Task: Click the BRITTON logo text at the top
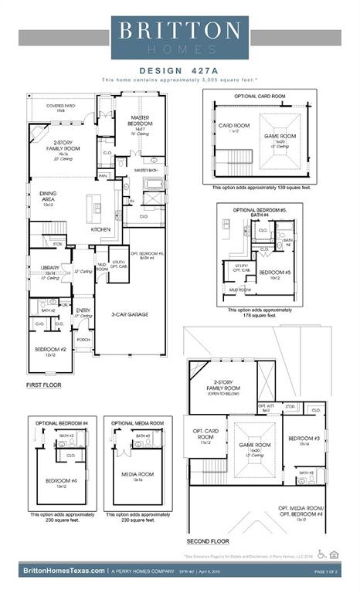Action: [179, 30]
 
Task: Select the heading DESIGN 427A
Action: [179, 69]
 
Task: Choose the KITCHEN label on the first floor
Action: [100, 229]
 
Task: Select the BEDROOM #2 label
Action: [49, 351]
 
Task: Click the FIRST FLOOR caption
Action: [44, 384]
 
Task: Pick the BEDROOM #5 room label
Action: [274, 273]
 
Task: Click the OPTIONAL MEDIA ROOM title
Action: [138, 423]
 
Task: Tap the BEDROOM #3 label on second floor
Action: [300, 440]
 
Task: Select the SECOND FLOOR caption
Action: [208, 541]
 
